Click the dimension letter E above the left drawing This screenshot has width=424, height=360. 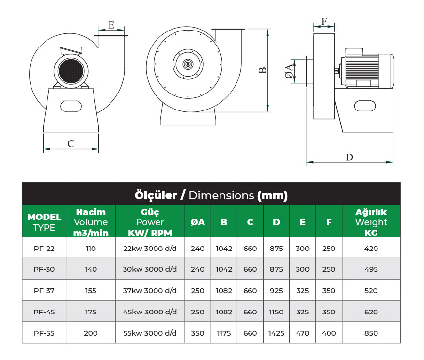tap(111, 26)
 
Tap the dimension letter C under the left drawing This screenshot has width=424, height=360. tap(71, 143)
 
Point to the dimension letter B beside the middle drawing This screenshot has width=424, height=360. tap(263, 70)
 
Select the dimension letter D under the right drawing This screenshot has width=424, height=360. tap(349, 157)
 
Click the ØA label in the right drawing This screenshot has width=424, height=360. tap(289, 71)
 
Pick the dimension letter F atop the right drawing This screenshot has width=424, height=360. tap(324, 21)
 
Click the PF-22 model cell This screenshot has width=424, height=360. tap(44, 249)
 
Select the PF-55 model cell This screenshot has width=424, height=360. tap(44, 333)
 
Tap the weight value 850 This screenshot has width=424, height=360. tap(371, 333)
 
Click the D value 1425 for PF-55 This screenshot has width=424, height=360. tap(276, 333)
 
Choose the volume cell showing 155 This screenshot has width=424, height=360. tap(90, 291)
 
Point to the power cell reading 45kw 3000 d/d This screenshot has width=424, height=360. tap(150, 312)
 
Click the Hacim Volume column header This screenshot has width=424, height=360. tap(91, 222)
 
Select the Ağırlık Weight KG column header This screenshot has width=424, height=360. tap(371, 222)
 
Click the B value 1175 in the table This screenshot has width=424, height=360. tap(224, 333)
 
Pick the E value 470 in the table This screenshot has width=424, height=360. tap(302, 333)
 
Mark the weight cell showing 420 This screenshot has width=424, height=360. tap(371, 249)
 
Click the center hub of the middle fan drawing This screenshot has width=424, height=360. tap(187, 63)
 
